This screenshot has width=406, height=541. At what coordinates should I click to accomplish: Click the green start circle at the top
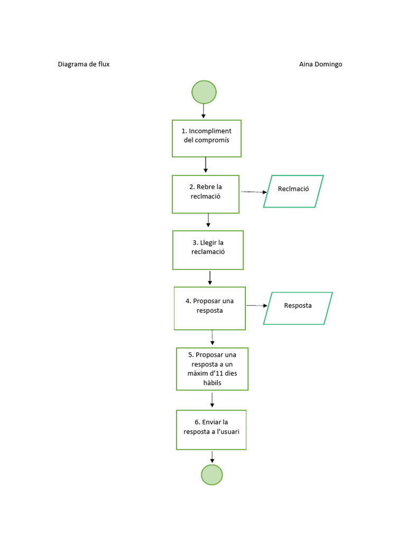(204, 92)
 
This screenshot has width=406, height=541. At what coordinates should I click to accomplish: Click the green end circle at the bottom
(212, 474)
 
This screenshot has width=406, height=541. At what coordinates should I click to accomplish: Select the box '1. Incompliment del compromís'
(207, 138)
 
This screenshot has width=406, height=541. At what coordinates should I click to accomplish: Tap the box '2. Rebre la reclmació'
(206, 194)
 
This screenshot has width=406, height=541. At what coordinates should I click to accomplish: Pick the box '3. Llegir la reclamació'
(208, 250)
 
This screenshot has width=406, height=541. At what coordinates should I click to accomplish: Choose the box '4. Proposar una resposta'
(210, 308)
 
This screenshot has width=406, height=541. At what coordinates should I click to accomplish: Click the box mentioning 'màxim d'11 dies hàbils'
(212, 369)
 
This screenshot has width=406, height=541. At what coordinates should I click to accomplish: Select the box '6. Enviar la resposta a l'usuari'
(211, 430)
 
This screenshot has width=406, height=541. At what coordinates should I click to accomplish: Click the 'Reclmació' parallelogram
(293, 191)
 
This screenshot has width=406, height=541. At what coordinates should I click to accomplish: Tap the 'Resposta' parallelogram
(298, 308)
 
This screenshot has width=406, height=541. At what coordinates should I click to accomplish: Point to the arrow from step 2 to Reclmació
(253, 192)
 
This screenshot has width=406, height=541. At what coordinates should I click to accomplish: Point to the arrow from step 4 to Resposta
(256, 305)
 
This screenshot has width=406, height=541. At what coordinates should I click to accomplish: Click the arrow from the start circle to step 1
(204, 111)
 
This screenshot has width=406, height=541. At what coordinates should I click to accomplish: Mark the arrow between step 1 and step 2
(206, 165)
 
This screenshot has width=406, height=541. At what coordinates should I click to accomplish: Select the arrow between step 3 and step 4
(210, 278)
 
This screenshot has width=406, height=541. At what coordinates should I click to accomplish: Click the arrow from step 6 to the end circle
(212, 456)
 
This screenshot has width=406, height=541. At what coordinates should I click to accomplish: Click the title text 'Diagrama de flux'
(84, 64)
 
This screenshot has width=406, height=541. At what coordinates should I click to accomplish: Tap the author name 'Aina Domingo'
(320, 64)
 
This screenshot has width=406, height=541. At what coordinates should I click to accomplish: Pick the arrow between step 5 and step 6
(212, 399)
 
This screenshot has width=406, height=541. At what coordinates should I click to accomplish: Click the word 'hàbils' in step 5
(212, 383)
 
